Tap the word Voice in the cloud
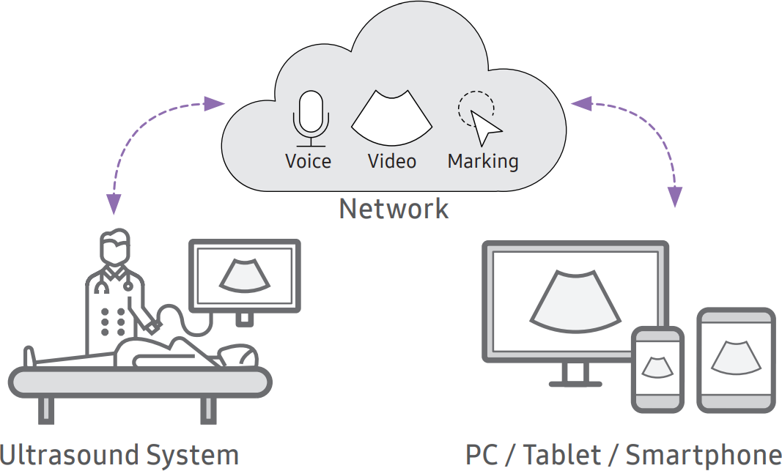[308, 161]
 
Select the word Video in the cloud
[392, 161]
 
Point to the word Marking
[483, 161]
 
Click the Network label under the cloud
[394, 209]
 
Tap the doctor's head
[115, 248]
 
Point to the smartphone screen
[657, 366]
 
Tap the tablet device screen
[735, 358]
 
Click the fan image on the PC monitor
[574, 300]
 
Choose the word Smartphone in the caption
[703, 454]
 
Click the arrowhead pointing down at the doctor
[114, 204]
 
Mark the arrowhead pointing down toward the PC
[675, 196]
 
